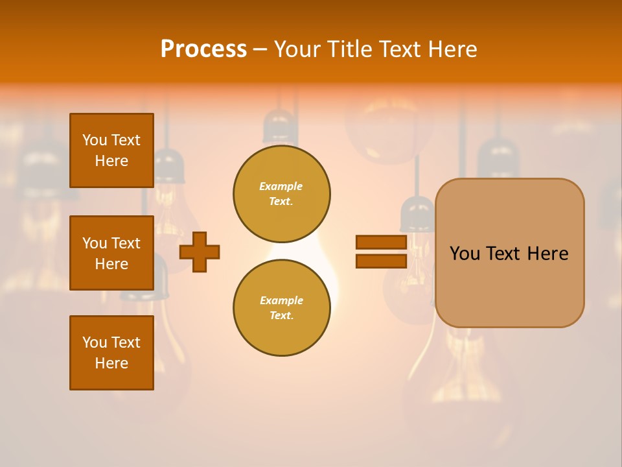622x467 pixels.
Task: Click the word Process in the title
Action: (x=203, y=49)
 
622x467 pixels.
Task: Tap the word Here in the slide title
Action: (x=448, y=49)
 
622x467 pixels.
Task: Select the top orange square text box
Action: (x=111, y=150)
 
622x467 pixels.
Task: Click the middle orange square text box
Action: (x=111, y=253)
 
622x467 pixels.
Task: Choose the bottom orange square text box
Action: (x=111, y=353)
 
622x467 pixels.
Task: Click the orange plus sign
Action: (x=200, y=252)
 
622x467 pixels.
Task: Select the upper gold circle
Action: (x=282, y=194)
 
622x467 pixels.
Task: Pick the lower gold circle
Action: (x=282, y=308)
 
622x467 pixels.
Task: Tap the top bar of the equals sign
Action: (x=381, y=243)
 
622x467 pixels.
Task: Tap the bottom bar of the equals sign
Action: (x=381, y=261)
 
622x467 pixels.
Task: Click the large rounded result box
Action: (x=509, y=285)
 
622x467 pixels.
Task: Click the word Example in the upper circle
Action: (x=281, y=187)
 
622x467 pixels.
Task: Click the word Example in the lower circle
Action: (x=281, y=301)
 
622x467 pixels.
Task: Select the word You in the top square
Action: (x=95, y=140)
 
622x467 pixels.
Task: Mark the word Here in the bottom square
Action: (x=111, y=364)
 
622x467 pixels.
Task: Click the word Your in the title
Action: (x=295, y=49)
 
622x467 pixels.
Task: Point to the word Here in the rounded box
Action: (x=547, y=254)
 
